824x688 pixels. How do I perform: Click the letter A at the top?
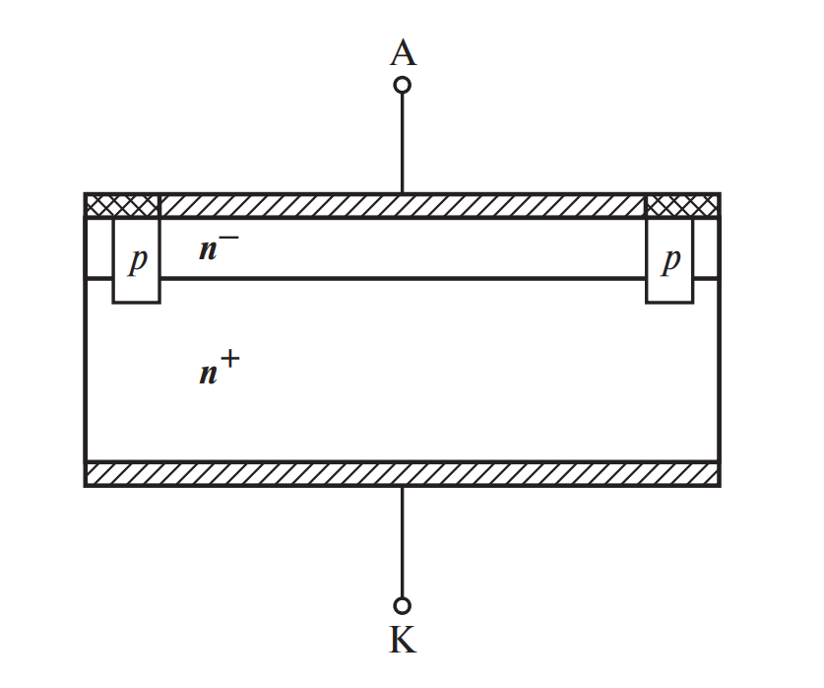click(403, 53)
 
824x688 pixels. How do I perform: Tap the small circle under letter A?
click(402, 85)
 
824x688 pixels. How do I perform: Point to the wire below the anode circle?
click(402, 143)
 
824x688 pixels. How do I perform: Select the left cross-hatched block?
click(122, 205)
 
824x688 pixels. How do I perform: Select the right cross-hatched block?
click(681, 205)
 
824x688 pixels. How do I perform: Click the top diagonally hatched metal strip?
click(402, 205)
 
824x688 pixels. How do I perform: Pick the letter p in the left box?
click(138, 260)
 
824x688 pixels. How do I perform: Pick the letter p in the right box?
click(671, 260)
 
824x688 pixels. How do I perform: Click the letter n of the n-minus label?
click(208, 250)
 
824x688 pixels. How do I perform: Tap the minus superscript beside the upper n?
click(228, 238)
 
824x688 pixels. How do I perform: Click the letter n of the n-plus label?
click(209, 375)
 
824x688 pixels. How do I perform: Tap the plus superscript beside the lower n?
click(230, 360)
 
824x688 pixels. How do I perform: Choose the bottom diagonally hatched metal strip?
click(402, 473)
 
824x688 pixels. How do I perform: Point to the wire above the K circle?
click(402, 542)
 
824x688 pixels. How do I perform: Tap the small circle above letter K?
click(402, 606)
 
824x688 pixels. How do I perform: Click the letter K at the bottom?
click(403, 640)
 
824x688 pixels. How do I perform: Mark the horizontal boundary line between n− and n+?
click(403, 278)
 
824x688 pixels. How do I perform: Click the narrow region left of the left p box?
click(99, 247)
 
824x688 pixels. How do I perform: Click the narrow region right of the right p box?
click(706, 247)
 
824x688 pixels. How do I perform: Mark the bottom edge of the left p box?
click(136, 302)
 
